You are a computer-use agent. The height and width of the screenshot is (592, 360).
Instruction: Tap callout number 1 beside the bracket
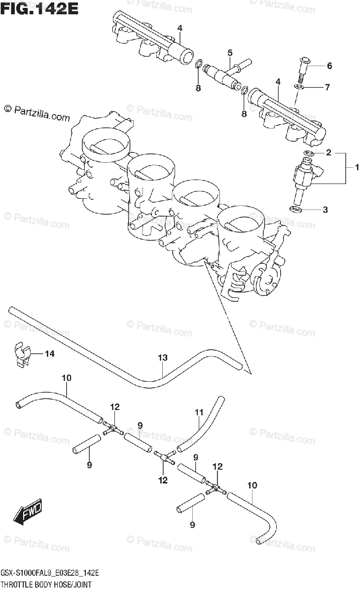356,168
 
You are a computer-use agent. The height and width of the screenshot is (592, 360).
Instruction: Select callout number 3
325,210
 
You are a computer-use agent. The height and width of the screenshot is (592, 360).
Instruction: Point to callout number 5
230,52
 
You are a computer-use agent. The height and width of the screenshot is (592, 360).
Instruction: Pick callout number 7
326,88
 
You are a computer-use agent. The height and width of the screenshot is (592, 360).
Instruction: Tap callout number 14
50,353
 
